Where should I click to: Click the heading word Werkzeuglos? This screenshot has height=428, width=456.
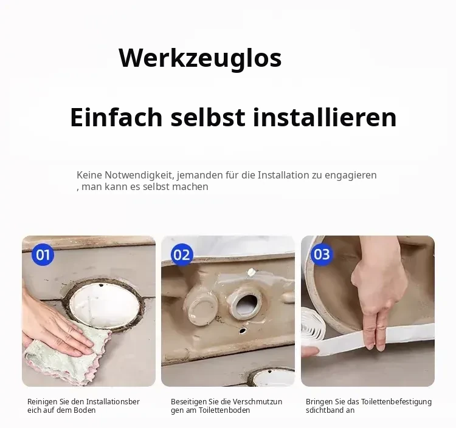click(200, 58)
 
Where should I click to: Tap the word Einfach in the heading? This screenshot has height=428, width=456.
click(116, 117)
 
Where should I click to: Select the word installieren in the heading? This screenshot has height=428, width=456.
click(325, 117)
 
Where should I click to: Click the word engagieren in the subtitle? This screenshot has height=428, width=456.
click(351, 175)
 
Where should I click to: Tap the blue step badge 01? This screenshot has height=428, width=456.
click(43, 254)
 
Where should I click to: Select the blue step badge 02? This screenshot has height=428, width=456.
click(182, 254)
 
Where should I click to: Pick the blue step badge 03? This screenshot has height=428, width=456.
click(322, 254)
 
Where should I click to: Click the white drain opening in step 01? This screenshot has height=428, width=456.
click(105, 307)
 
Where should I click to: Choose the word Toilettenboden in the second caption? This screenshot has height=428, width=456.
click(224, 410)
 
